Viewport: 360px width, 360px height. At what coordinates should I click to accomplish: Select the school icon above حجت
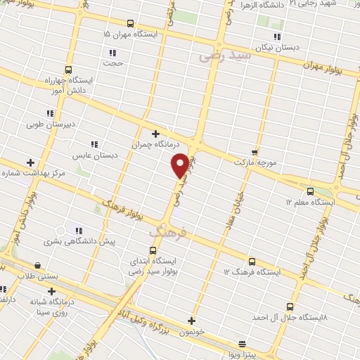pos(112,52)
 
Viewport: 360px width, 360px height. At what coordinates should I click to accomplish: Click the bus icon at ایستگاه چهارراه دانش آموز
pos(68,70)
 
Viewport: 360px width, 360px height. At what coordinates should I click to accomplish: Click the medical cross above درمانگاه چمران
pos(155,133)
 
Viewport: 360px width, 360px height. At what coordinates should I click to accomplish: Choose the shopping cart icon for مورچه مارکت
pos(254,152)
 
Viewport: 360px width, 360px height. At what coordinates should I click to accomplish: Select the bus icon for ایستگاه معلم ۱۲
pos(310,191)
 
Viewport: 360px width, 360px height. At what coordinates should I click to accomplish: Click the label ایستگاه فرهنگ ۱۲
pos(252,271)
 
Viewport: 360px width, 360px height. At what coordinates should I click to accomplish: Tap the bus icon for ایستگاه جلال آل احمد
pos(290,306)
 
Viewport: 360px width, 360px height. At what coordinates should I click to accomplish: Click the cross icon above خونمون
pos(191,321)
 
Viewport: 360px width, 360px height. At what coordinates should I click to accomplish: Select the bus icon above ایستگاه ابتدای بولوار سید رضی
pos(153,250)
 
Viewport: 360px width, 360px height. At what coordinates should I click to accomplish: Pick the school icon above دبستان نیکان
pos(277,37)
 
